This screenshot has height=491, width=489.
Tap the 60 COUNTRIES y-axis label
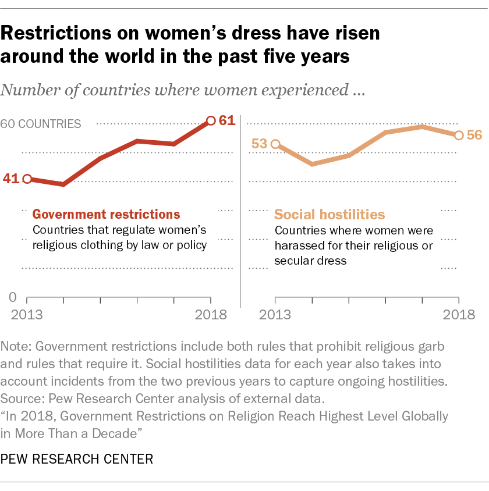pos(41,124)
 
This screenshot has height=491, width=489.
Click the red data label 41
pos(11,179)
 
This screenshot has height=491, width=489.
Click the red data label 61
pos(226,121)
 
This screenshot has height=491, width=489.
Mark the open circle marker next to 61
pos(211,121)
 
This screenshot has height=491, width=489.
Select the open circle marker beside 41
pos(27,179)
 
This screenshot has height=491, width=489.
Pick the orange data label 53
pos(260,144)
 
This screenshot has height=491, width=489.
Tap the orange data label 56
pos(474,135)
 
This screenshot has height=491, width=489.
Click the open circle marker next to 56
pos(459,135)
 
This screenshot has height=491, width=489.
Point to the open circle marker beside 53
pos(276,144)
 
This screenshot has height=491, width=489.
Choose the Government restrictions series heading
pos(107,214)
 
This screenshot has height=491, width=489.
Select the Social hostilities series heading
pos(329,214)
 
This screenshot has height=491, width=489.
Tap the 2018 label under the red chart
pos(210,316)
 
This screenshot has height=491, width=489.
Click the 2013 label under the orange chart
pos(275,316)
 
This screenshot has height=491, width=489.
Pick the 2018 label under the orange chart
pos(459,316)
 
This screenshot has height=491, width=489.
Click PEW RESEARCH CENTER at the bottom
pos(77,460)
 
